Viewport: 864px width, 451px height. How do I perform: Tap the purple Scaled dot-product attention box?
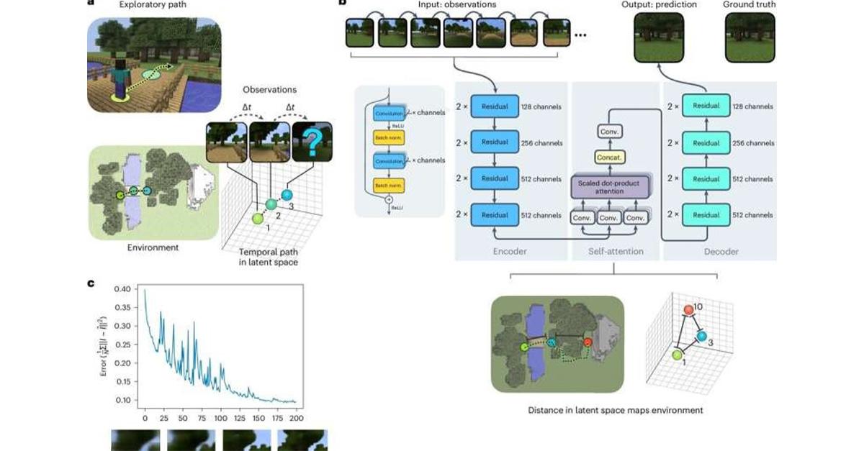609,187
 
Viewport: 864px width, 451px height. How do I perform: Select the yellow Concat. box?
609,158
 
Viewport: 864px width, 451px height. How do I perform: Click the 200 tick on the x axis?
297,417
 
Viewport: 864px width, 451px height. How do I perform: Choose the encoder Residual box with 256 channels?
495,143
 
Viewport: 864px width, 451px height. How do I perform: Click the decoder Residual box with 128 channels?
705,106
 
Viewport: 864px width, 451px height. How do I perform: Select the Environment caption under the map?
153,247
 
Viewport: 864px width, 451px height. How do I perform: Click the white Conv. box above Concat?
609,132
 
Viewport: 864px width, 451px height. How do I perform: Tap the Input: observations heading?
457,5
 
